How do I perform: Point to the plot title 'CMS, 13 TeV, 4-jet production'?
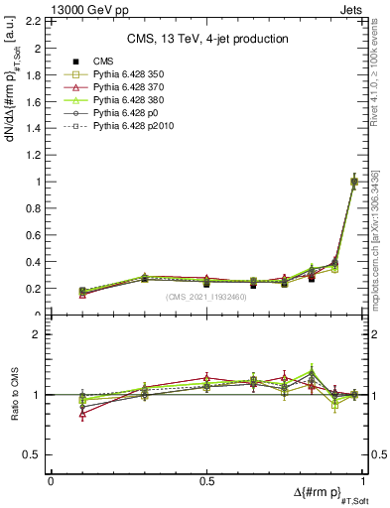tap(206, 39)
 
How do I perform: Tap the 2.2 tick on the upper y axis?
tap(35, 21)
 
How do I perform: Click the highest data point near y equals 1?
tap(354, 181)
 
